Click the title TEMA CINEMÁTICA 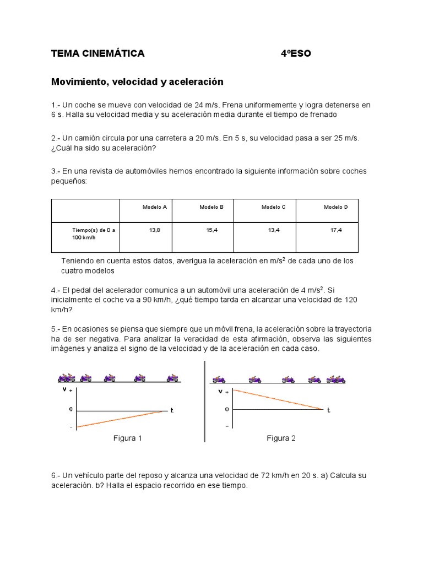(x=97, y=53)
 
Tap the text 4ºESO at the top (x=295, y=53)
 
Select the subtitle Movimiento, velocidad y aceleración (x=137, y=82)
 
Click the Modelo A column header (x=155, y=207)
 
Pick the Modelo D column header (x=335, y=207)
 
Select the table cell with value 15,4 (x=212, y=230)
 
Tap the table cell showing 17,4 (x=336, y=230)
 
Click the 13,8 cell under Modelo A (x=155, y=230)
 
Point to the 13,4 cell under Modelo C (x=274, y=230)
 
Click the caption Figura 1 (x=127, y=438)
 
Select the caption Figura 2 (x=281, y=438)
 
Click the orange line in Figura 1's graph (x=121, y=419)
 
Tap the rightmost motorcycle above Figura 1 (x=173, y=378)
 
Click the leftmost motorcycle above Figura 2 (x=219, y=379)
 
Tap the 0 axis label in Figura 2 (x=227, y=409)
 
